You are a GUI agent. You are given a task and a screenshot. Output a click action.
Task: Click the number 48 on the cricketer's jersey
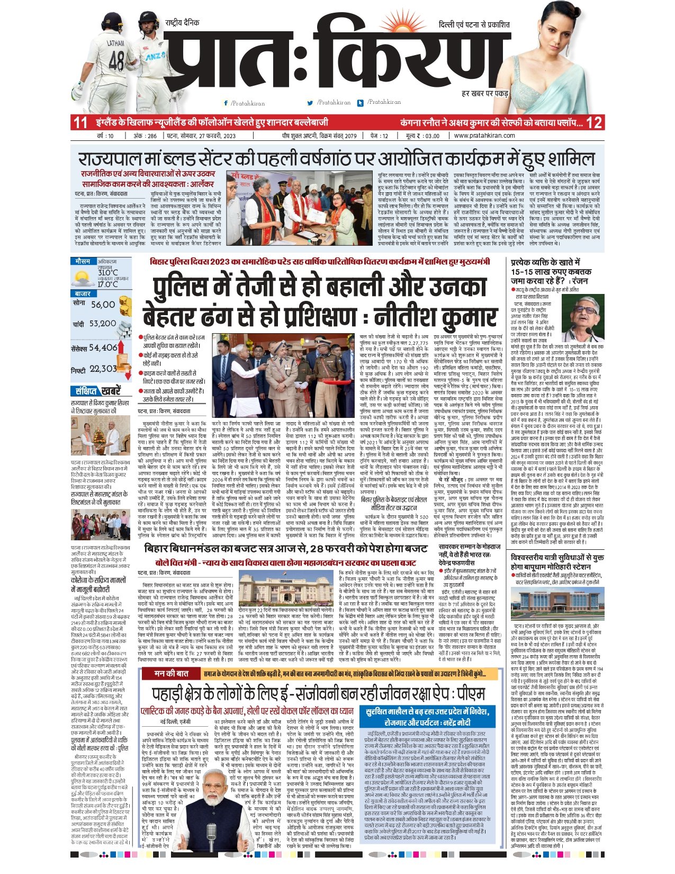[x=116, y=58]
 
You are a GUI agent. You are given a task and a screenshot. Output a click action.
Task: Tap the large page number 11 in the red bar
[x=80, y=123]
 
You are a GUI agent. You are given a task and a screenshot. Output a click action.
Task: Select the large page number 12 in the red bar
[x=594, y=123]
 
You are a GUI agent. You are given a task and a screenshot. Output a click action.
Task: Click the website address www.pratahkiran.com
[x=484, y=136]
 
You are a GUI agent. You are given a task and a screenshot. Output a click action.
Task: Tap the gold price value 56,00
[x=103, y=305]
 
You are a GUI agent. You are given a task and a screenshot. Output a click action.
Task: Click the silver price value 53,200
[x=102, y=324]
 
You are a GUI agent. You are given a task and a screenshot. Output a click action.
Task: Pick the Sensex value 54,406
[x=103, y=347]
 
